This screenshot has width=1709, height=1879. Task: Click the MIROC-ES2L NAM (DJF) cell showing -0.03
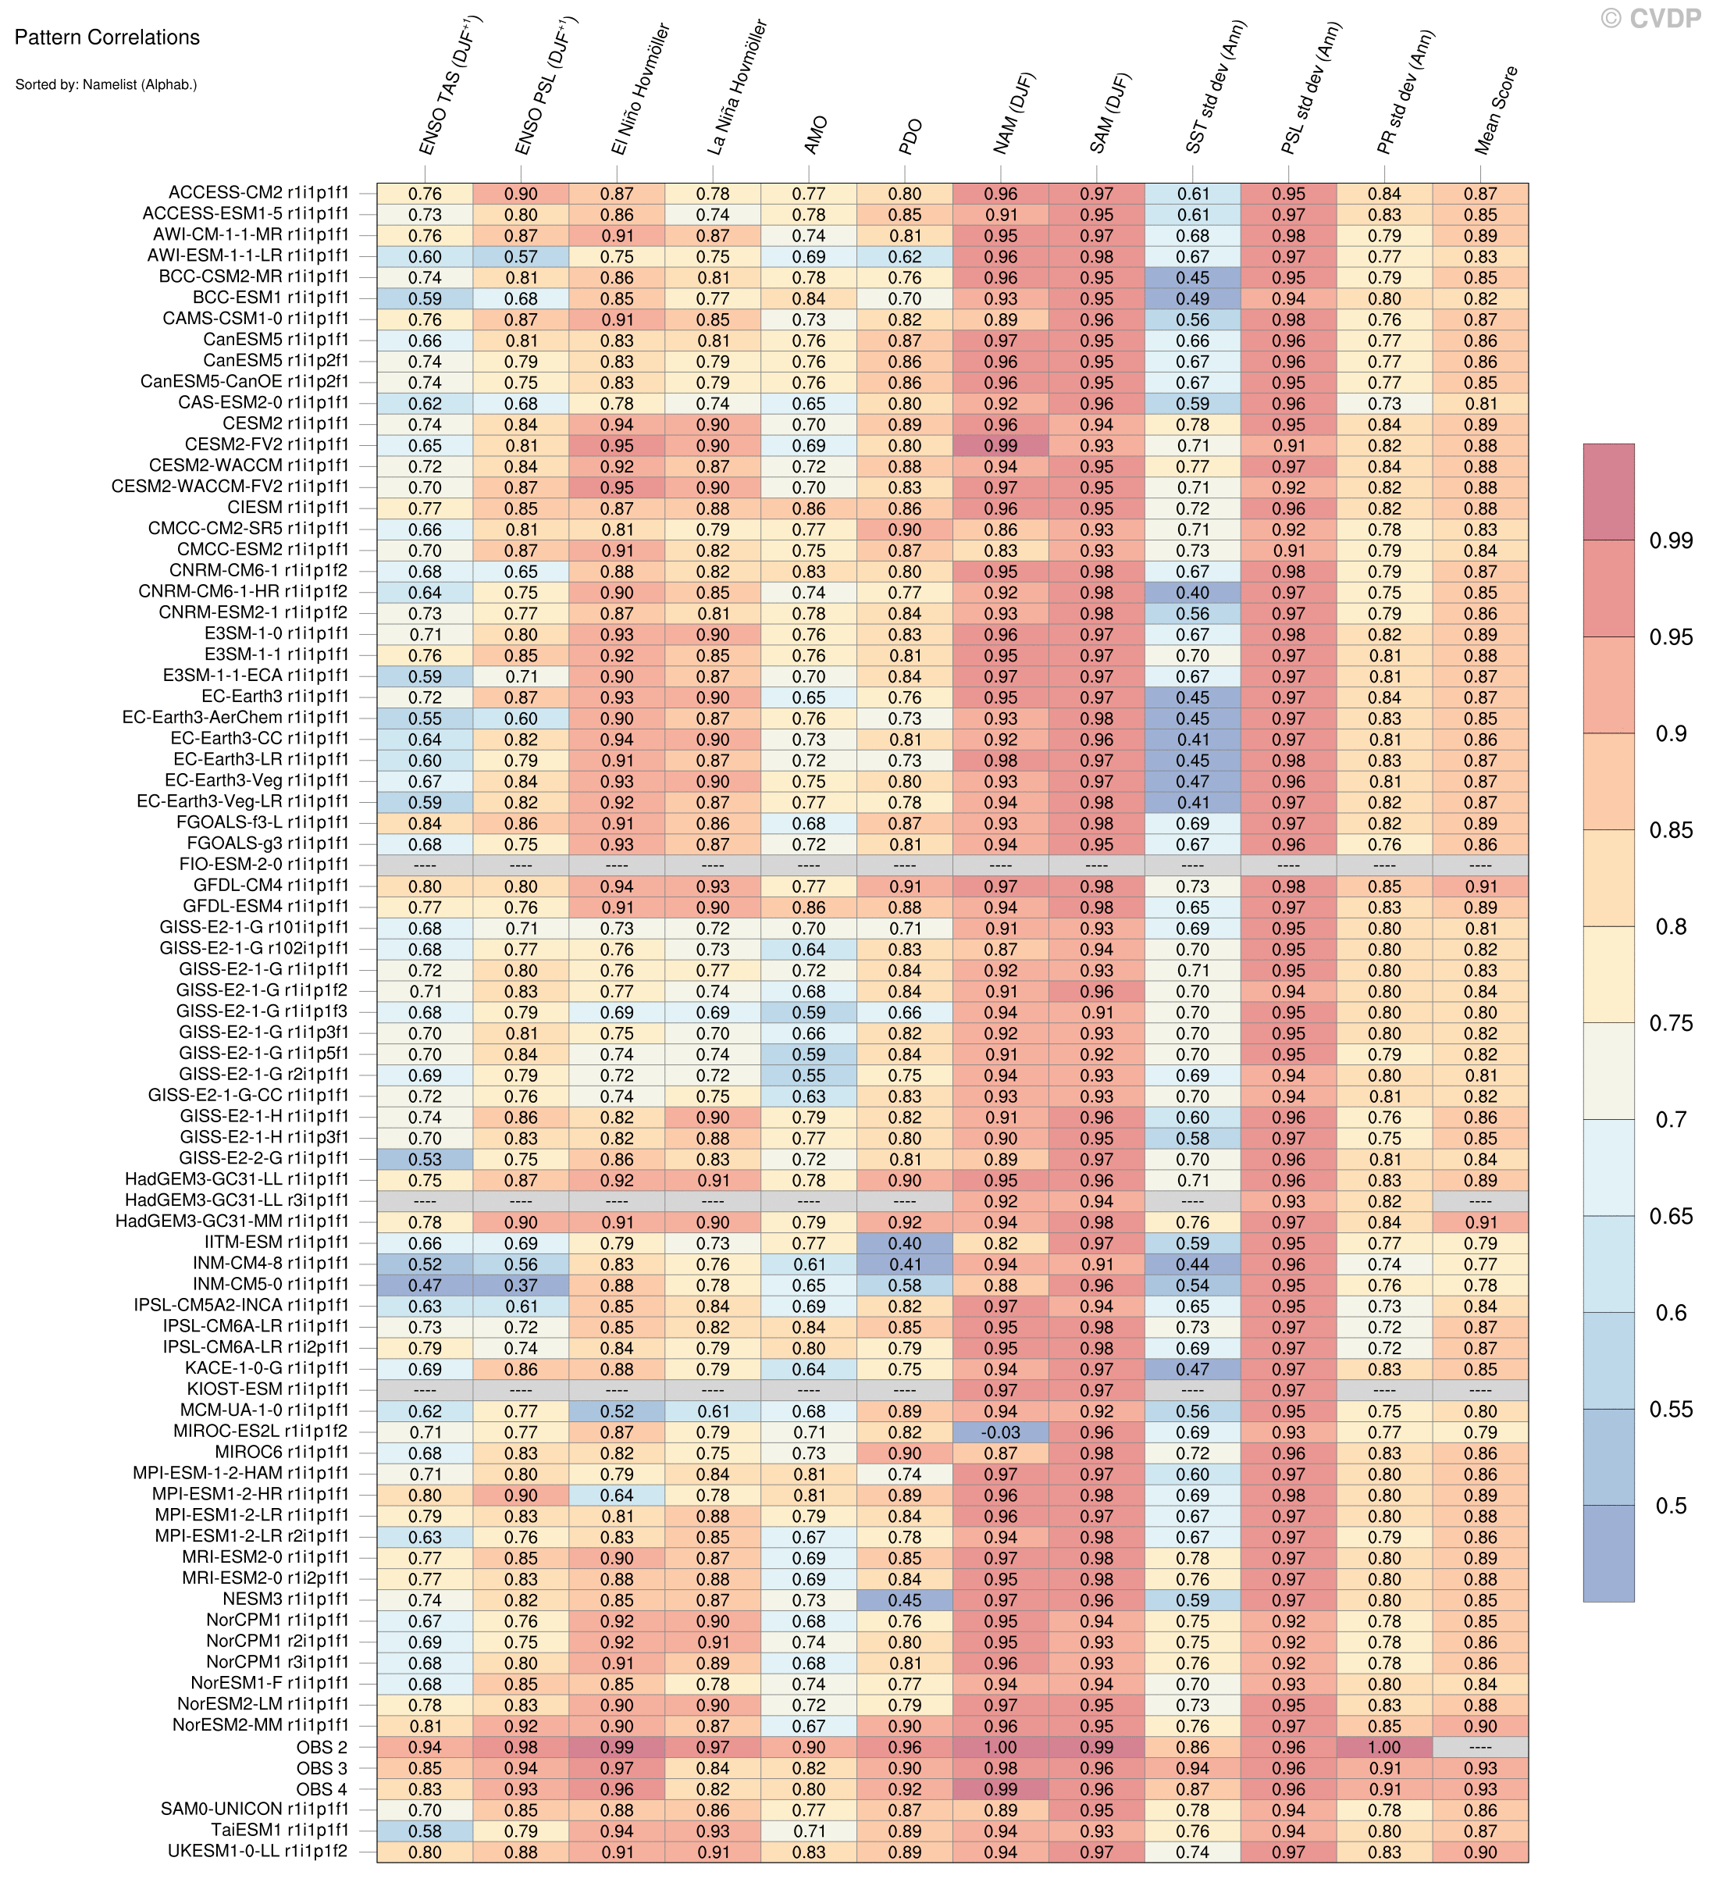pos(1000,1432)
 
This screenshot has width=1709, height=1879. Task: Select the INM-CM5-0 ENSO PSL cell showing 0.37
pos(521,1285)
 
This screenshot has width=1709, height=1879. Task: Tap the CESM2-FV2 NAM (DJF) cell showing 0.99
pos(1000,445)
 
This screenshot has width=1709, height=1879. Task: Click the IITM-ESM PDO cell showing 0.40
pos(904,1243)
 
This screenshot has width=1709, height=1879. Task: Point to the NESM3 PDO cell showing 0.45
pos(904,1600)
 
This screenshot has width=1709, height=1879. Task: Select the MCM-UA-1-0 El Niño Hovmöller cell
pos(616,1411)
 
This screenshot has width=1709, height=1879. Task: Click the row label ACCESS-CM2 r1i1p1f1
pos(258,193)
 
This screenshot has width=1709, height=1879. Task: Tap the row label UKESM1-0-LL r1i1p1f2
pos(258,1852)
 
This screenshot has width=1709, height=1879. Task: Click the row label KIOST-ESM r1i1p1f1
pos(268,1389)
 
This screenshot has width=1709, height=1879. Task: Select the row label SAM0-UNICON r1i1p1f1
pos(255,1810)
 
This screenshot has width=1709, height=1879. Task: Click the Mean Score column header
pos(1497,110)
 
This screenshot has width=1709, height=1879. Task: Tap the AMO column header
pos(814,135)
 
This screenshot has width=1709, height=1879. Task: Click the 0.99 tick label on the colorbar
pos(1671,541)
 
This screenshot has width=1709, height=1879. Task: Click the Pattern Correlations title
pos(107,38)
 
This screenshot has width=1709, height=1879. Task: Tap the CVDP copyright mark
pos(1650,19)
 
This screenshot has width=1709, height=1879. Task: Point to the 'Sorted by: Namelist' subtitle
pos(105,85)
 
